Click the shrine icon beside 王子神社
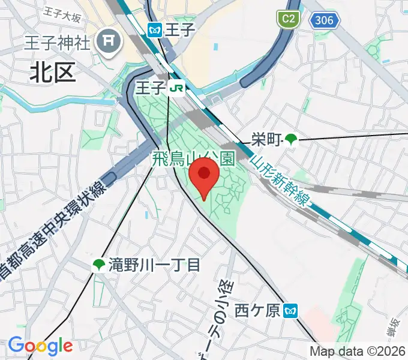(110, 40)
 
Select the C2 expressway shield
(288, 19)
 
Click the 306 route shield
(324, 20)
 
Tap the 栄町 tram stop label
(266, 140)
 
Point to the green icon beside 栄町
(291, 140)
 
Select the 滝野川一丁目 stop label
(154, 265)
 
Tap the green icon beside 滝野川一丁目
(98, 265)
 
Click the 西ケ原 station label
(257, 311)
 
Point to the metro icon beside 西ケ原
(290, 311)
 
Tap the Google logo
(40, 346)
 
